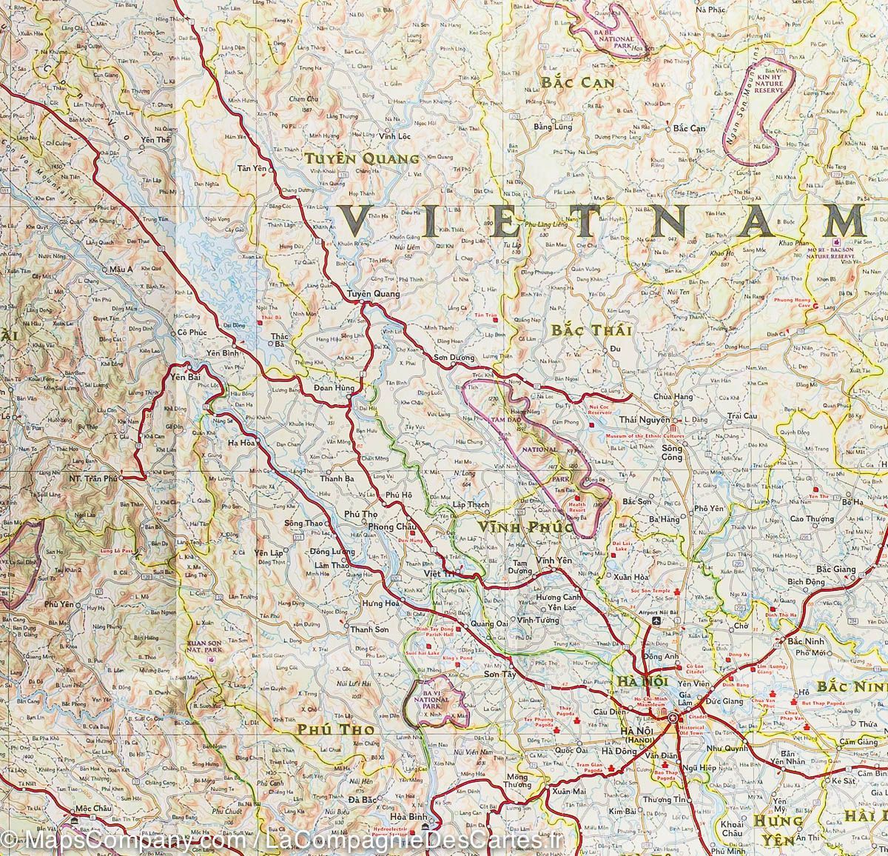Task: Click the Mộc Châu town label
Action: (92, 809)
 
